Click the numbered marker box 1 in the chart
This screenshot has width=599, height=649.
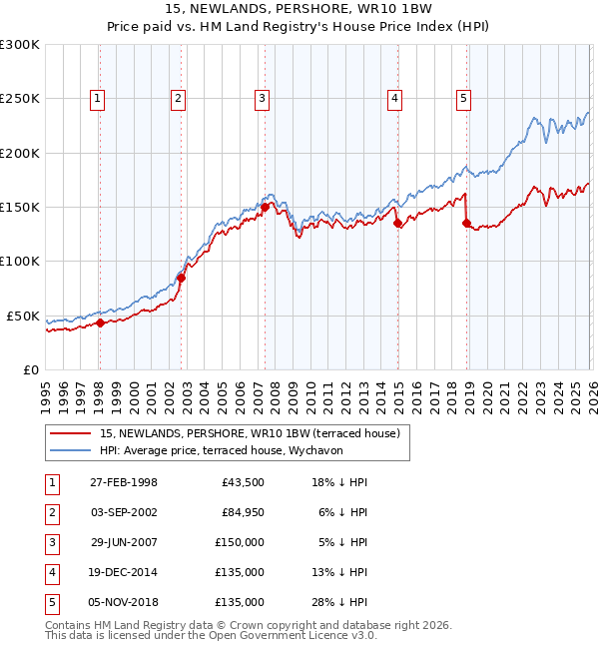click(x=98, y=98)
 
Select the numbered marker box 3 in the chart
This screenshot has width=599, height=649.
click(x=261, y=98)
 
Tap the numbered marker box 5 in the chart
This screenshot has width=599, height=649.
click(x=465, y=98)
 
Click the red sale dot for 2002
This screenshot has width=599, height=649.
click(x=182, y=279)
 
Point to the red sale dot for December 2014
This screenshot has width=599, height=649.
click(x=398, y=224)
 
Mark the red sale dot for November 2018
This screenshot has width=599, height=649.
click(x=466, y=224)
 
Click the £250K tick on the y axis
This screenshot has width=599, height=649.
click(x=20, y=99)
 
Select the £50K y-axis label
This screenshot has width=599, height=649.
click(x=22, y=316)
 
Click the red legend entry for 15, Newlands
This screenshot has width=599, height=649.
click(x=250, y=433)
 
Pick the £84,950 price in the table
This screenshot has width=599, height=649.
click(x=243, y=513)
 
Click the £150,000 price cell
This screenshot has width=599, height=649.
click(x=241, y=543)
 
